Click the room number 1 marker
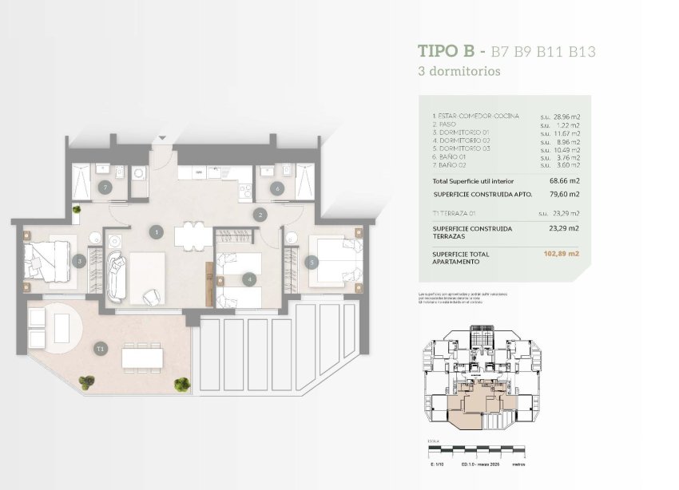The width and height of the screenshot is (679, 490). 157,232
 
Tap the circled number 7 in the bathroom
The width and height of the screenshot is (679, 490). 105,188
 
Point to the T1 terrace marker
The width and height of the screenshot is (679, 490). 100,349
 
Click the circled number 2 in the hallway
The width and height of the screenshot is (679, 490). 260,214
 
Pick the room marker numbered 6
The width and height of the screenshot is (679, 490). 276,188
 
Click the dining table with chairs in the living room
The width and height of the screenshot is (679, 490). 189,233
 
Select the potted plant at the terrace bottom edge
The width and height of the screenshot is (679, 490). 183,385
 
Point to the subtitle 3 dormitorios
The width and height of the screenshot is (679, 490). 459,71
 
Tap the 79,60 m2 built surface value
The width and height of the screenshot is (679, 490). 563,194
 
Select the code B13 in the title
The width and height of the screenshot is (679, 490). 578,51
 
